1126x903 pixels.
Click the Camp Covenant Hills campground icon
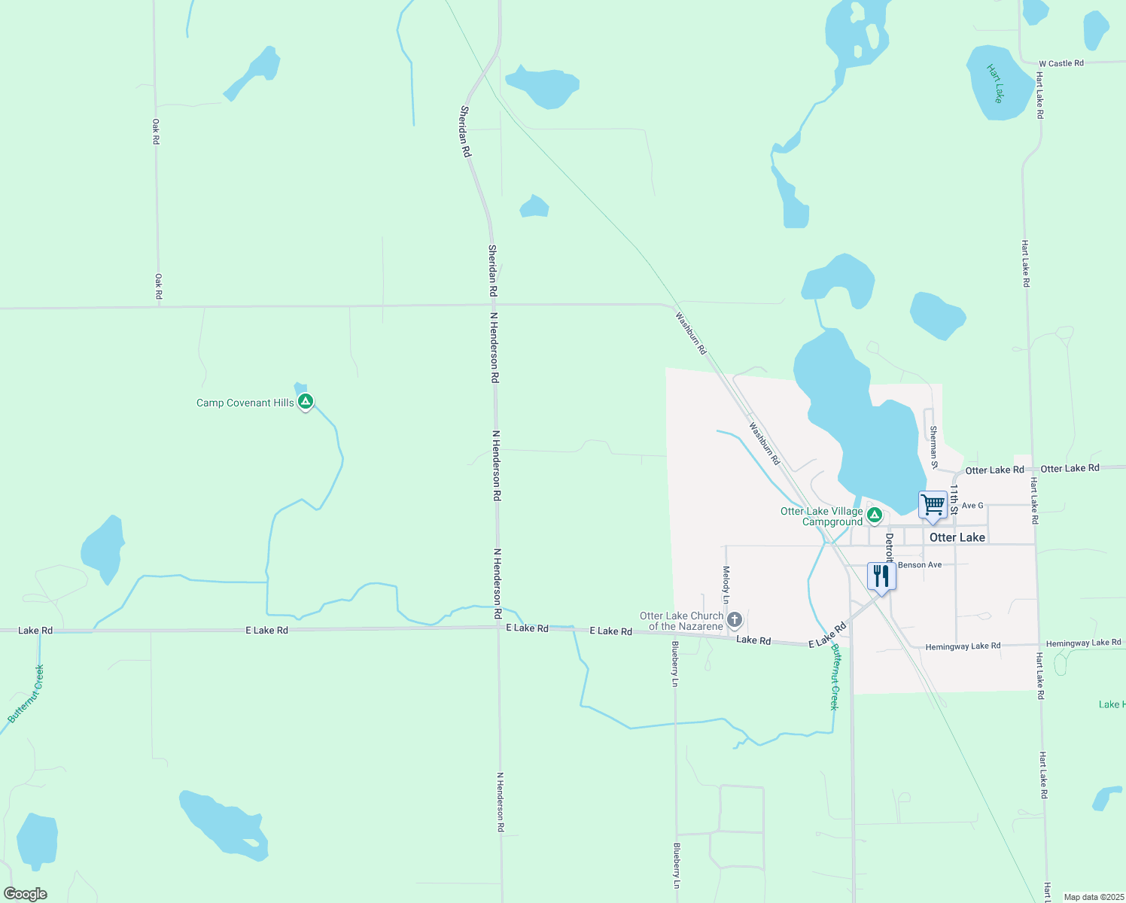305,402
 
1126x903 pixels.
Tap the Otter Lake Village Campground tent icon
874,515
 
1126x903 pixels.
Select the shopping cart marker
933,505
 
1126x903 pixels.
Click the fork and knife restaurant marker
881,576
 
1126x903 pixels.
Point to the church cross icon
735,620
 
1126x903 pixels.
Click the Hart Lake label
996,83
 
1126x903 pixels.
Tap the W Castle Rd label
1061,63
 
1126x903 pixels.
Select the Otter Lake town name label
957,537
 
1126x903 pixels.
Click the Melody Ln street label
726,585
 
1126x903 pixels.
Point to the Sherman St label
933,446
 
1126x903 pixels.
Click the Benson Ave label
919,564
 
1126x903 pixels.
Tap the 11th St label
953,499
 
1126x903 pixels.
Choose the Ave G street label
972,506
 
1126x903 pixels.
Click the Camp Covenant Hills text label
245,403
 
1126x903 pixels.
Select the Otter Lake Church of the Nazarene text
682,621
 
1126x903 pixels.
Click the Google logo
25,894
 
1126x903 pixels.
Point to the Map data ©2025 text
1093,897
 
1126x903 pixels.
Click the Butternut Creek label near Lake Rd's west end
26,694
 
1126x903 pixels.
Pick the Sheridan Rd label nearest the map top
465,132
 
